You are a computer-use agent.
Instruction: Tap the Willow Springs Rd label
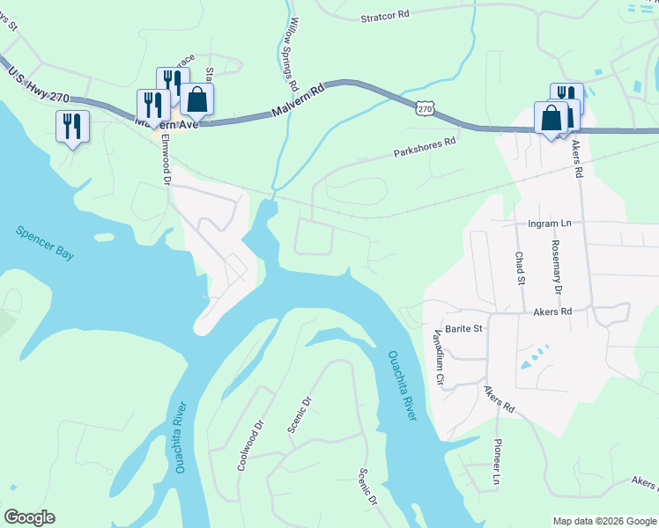pyautogui.click(x=292, y=55)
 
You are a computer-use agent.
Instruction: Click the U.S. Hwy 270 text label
pyautogui.click(x=36, y=84)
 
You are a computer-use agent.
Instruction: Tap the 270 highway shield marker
pyautogui.click(x=425, y=107)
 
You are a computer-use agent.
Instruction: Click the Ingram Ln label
pyautogui.click(x=550, y=224)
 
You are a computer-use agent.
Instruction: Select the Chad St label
pyautogui.click(x=519, y=268)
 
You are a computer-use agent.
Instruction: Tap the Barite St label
pyautogui.click(x=463, y=328)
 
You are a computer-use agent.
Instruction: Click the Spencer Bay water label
pyautogui.click(x=44, y=243)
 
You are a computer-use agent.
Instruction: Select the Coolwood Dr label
pyautogui.click(x=250, y=444)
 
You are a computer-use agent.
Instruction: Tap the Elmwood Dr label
pyautogui.click(x=165, y=159)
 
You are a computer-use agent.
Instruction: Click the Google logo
pyautogui.click(x=29, y=517)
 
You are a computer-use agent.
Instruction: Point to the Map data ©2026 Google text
pyautogui.click(x=603, y=521)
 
